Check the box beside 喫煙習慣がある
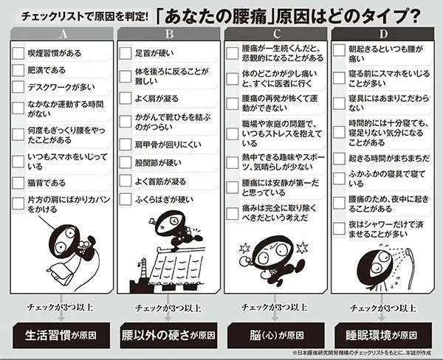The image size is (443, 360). click(18, 53)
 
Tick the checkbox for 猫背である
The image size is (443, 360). click(18, 183)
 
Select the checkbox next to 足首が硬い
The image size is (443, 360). click(126, 53)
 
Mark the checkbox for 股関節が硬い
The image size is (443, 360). click(126, 162)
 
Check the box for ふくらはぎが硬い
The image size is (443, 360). click(126, 199)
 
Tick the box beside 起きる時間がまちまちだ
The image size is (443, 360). click(339, 159)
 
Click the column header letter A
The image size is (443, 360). click(63, 34)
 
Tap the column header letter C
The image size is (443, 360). click(277, 34)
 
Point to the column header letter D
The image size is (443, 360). click(383, 34)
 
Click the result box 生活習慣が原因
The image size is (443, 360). click(61, 336)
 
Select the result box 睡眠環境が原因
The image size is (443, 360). click(383, 336)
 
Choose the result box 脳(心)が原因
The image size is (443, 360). click(276, 336)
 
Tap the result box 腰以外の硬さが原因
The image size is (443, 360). click(168, 336)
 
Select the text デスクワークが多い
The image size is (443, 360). click(61, 87)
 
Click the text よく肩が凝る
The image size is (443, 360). click(157, 99)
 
